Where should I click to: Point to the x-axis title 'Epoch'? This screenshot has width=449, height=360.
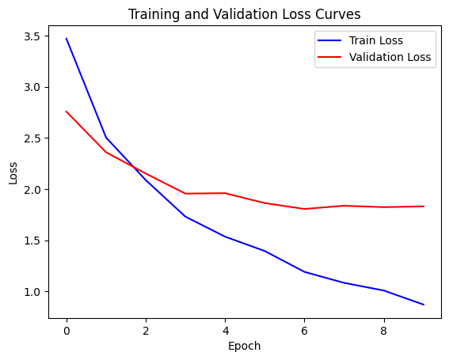click(244, 346)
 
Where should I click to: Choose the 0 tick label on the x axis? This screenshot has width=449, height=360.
click(67, 329)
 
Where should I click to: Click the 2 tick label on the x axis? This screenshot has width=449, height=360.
click(146, 329)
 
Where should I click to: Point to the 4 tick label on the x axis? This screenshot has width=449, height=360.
click(225, 329)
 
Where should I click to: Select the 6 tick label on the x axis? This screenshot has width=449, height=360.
click(305, 329)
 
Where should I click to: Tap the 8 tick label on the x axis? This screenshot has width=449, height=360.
click(384, 329)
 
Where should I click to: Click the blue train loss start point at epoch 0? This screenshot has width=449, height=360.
click(67, 39)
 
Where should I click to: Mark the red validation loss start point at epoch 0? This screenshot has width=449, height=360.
click(67, 112)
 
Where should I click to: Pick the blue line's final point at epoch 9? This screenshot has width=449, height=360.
click(424, 305)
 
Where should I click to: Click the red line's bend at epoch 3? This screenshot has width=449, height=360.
click(185, 194)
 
